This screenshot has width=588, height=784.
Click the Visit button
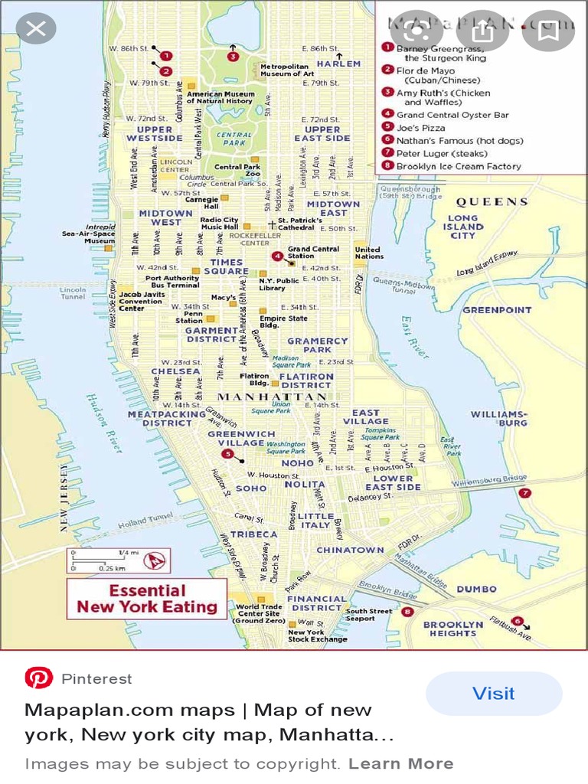[x=494, y=694]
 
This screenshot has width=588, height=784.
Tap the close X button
[x=36, y=30]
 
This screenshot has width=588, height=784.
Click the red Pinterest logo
[x=38, y=678]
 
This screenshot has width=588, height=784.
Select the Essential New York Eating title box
[x=147, y=599]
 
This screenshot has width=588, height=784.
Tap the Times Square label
[x=226, y=266]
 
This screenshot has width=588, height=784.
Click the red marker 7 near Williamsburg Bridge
[x=524, y=493]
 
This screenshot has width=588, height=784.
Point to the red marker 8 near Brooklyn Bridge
[x=407, y=612]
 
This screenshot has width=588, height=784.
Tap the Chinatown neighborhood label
[x=350, y=550]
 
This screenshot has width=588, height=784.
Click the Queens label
[x=492, y=202]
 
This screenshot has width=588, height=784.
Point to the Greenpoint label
[x=496, y=310]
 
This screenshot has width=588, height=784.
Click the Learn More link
[x=400, y=763]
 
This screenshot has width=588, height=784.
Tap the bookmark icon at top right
[x=547, y=31]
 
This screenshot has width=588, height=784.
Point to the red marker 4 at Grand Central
[x=277, y=256]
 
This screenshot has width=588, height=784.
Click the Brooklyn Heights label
[x=453, y=629]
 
